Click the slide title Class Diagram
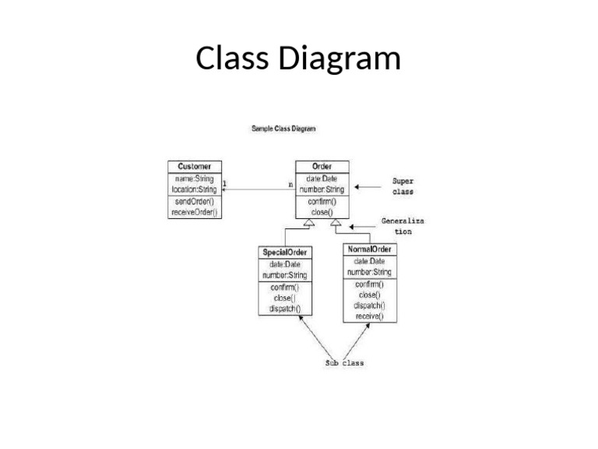click(x=298, y=58)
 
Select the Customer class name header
click(x=194, y=167)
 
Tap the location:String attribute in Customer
click(x=194, y=189)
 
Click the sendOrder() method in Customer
click(x=194, y=202)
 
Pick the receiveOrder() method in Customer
click(x=194, y=212)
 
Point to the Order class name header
click(x=322, y=167)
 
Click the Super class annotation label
click(x=403, y=186)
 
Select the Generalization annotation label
click(x=403, y=226)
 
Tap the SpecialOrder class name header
click(x=284, y=253)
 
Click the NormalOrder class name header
click(x=368, y=249)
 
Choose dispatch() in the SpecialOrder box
click(x=284, y=309)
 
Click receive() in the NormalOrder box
click(x=368, y=316)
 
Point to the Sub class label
click(x=344, y=363)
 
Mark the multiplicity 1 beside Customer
click(x=225, y=184)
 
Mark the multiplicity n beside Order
click(x=290, y=185)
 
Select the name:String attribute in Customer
click(x=194, y=179)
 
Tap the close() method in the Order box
click(x=322, y=212)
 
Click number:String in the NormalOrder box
click(x=368, y=272)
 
